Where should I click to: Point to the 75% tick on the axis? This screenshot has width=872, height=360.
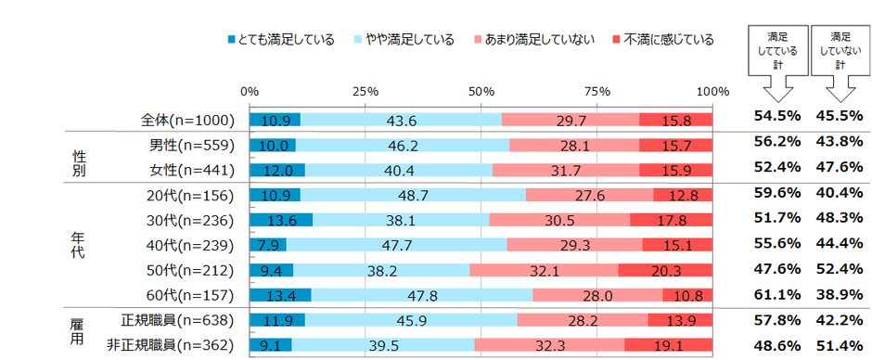click(597, 92)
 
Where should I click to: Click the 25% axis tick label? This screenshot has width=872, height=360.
click(365, 92)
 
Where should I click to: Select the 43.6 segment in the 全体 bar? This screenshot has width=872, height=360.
click(401, 121)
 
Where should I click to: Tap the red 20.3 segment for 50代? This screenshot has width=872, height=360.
click(665, 271)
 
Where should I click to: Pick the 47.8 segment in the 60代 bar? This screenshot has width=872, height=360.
click(422, 296)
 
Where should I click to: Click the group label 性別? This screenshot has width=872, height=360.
click(79, 158)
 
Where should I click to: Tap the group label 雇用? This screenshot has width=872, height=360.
click(79, 333)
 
